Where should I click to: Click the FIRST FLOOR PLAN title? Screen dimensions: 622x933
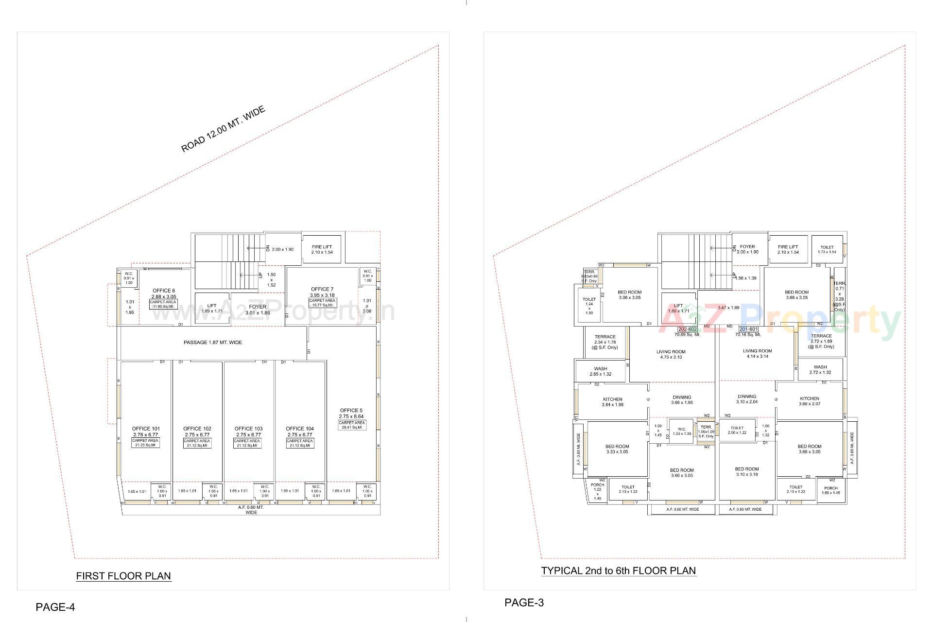click(123, 576)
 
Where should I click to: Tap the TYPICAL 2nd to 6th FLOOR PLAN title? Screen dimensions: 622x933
click(619, 570)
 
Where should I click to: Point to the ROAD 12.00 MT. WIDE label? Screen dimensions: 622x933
click(223, 129)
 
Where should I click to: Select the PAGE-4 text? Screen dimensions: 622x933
click(55, 607)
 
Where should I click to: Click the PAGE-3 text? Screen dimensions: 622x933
click(524, 603)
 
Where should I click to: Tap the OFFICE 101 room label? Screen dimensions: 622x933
click(145, 429)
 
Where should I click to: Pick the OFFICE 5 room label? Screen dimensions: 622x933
click(351, 411)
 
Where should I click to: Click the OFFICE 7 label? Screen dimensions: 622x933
click(322, 289)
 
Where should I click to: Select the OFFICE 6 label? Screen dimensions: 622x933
click(164, 291)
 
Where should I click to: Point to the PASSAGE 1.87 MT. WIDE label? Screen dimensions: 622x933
click(212, 343)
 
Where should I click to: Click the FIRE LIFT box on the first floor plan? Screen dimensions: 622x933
click(322, 249)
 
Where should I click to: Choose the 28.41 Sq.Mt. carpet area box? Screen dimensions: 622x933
click(352, 425)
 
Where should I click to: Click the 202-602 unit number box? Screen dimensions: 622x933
click(687, 329)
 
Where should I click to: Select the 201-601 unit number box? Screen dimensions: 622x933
click(748, 329)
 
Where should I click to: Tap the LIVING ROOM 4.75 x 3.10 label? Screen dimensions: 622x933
click(671, 354)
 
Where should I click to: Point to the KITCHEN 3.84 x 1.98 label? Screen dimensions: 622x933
click(612, 402)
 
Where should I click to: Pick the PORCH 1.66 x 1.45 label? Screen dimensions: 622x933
click(831, 490)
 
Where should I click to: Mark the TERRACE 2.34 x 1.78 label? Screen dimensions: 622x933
click(605, 342)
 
